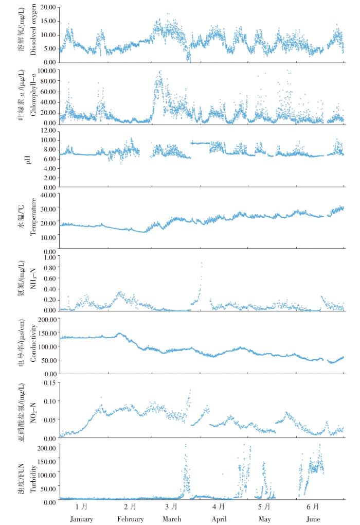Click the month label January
[x=82, y=519]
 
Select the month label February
[x=130, y=519]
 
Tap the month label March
[x=172, y=519]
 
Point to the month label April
[x=219, y=519]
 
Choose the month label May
[x=264, y=519]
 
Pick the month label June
[x=313, y=519]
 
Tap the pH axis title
[x=35, y=158]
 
